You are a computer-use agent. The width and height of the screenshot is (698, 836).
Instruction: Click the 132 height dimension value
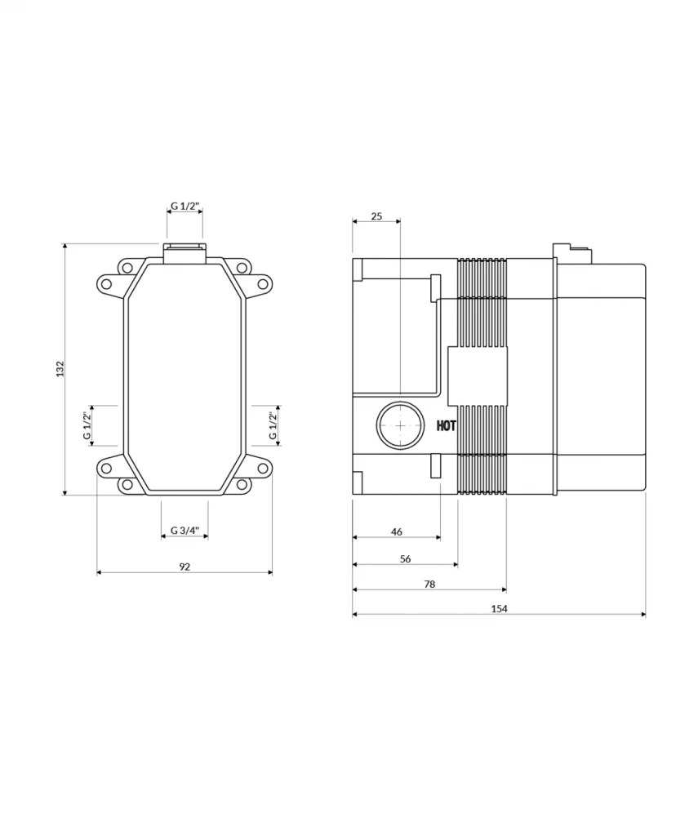[60, 368]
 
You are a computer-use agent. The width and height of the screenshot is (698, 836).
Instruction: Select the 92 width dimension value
[185, 567]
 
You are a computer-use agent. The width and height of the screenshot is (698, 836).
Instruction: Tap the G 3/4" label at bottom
[185, 531]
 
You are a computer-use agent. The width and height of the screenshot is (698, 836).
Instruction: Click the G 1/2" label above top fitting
[185, 207]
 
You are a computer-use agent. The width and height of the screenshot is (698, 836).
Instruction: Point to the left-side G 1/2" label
[87, 425]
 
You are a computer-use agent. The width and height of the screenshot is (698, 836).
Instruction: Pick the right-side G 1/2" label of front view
[274, 425]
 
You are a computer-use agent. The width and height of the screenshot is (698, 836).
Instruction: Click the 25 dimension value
[376, 216]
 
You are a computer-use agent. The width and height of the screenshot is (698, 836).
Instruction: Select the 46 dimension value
[397, 531]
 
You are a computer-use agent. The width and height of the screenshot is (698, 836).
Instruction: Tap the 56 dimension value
[406, 558]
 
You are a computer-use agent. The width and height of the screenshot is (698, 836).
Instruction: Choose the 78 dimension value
[429, 584]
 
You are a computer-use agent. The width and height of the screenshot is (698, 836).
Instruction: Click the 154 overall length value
[500, 609]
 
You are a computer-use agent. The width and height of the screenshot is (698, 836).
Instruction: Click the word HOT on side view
[447, 425]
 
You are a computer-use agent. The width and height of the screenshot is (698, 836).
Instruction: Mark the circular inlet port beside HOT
[400, 425]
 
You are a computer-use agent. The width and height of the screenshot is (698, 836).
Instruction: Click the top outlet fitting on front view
[185, 252]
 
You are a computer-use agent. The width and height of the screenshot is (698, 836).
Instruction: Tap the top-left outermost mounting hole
[105, 283]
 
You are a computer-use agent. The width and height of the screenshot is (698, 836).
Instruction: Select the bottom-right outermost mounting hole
[263, 468]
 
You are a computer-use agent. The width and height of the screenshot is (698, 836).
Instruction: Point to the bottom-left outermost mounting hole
[105, 468]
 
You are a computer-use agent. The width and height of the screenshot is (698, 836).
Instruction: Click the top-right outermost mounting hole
[263, 283]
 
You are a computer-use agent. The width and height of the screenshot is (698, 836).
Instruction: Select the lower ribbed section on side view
[482, 449]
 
